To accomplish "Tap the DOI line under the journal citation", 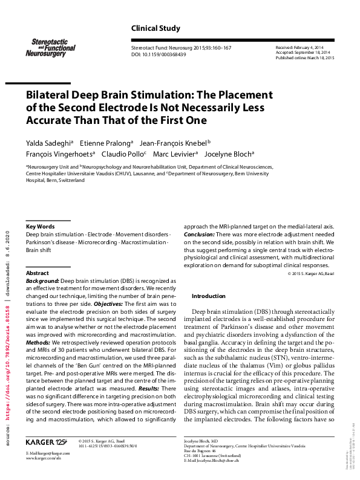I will [x=159, y=54].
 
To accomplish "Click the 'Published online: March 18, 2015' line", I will [x=305, y=57].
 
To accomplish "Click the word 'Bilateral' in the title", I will [x=51, y=96].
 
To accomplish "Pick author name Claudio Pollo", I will [x=124, y=154].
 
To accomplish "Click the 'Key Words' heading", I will [x=40, y=227].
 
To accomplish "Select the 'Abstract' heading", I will [x=38, y=273].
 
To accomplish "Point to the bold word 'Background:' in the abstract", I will [x=42, y=281].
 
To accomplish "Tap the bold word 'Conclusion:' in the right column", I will [x=198, y=234].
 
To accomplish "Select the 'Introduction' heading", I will [x=209, y=296].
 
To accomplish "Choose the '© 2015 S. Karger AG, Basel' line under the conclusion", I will [x=310, y=274].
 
